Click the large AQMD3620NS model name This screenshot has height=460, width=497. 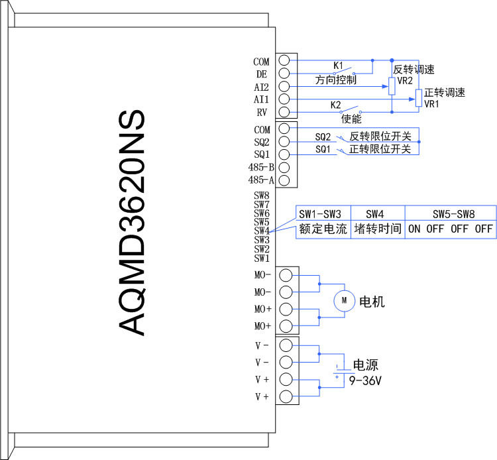pos(132,223)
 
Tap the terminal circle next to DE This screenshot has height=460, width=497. pos(284,73)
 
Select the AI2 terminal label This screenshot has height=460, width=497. pos(261,87)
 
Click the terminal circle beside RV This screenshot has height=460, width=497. pos(284,112)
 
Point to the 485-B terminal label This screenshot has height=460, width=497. pos(261,167)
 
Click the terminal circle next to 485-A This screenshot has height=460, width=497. pos(284,180)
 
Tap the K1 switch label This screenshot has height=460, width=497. pos(338,66)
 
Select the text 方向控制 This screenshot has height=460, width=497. pos(336,80)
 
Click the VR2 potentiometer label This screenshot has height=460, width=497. pos(405,80)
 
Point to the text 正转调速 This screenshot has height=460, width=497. pos(445,93)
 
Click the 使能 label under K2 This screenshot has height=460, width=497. pos(351,119)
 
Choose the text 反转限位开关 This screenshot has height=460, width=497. pos(380,137)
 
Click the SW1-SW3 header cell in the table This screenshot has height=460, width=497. pos(320,214)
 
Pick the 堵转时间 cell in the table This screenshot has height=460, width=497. pos(378,229)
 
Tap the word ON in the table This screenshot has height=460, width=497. pos(414,229)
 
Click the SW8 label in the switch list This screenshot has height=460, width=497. pos(262,196)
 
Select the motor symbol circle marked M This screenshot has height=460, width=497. pos(344,300)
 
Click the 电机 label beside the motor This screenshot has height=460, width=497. pos(372,302)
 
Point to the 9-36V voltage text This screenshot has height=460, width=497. pos(365,380)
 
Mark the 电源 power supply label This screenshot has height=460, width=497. pos(365,365)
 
